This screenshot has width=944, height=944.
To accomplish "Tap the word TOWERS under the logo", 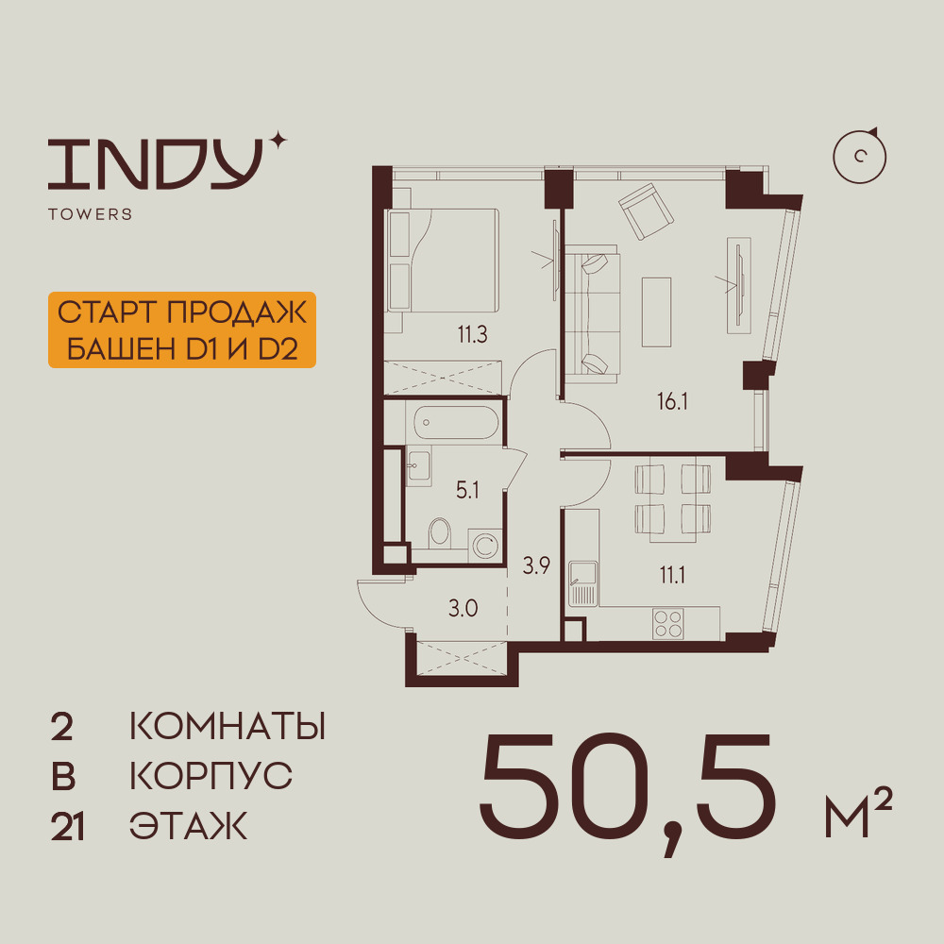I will (90, 214).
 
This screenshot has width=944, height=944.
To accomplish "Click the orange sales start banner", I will (180, 330).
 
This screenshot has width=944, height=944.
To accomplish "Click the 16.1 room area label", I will (672, 401).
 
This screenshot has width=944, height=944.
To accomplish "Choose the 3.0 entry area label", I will (463, 607).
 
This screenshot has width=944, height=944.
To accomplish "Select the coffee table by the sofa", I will (656, 312).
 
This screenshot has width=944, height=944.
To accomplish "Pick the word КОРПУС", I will (211, 777).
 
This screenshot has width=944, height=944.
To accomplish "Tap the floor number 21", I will (68, 828).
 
